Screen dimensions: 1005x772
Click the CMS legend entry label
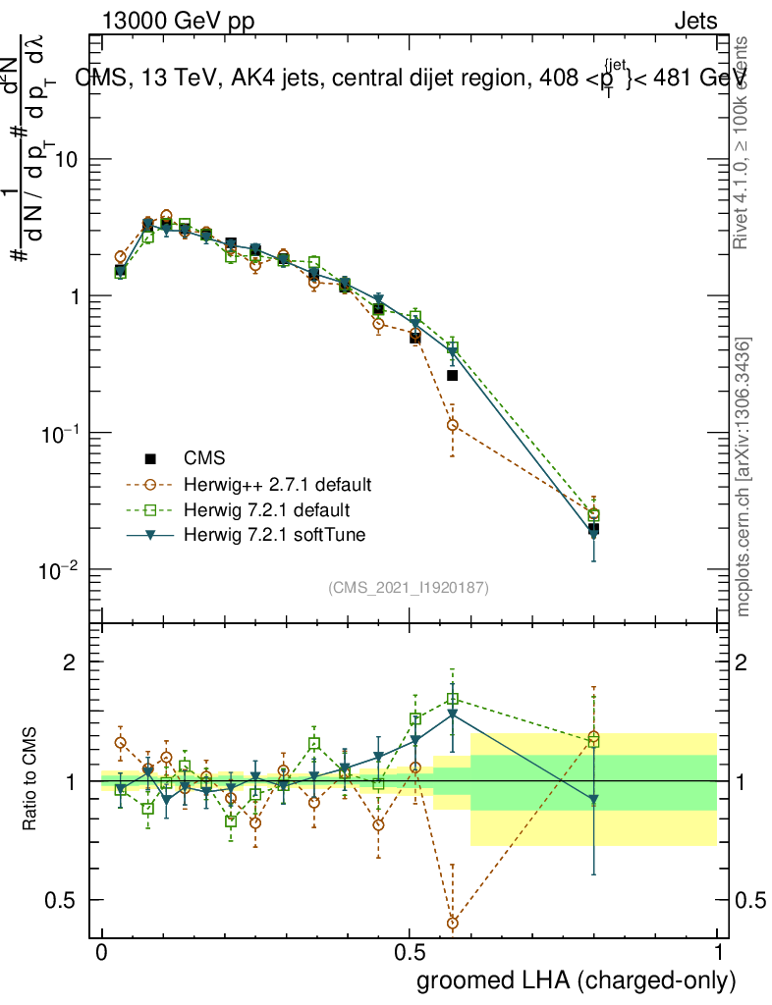click(203, 458)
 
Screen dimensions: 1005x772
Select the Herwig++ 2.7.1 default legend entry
click(277, 485)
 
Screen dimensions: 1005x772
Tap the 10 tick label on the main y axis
click(66, 160)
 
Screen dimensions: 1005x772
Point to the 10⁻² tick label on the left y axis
click(60, 570)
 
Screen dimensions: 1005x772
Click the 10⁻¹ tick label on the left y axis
click(60, 434)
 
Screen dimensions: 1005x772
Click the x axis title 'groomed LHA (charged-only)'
click(577, 980)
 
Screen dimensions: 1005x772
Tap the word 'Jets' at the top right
click(694, 22)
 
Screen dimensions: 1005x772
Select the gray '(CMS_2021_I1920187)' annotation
click(409, 588)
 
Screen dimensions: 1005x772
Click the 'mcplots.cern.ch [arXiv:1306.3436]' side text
click(744, 477)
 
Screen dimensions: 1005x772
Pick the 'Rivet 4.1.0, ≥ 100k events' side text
click(744, 142)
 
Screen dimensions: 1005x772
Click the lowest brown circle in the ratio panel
click(452, 924)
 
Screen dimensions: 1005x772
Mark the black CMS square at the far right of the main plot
click(593, 529)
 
